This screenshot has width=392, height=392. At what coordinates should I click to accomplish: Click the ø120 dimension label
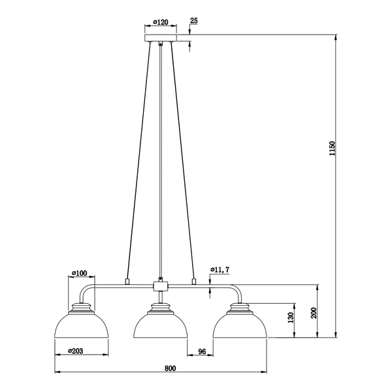click(161, 22)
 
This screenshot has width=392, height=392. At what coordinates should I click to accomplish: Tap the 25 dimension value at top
click(194, 20)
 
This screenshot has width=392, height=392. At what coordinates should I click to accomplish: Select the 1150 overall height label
click(332, 148)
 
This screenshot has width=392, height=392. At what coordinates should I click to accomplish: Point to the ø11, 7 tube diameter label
click(220, 270)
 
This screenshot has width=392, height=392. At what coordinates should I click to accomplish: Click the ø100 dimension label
click(80, 273)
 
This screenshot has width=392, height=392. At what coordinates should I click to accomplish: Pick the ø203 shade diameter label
click(75, 351)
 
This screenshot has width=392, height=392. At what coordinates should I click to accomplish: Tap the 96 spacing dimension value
click(202, 351)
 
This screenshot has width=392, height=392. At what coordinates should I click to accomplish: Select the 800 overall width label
click(171, 368)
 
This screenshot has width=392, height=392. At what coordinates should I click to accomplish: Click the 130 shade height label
click(291, 318)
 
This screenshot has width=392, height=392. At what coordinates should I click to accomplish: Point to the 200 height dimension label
click(314, 313)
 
